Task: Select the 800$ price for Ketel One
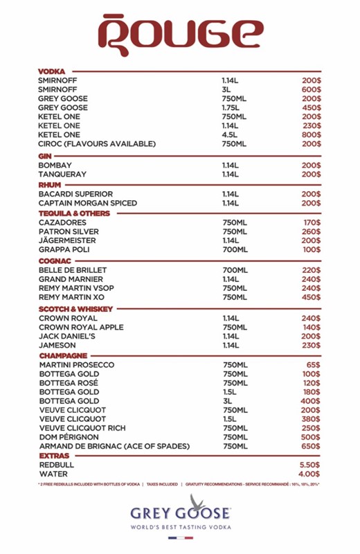(x=311, y=135)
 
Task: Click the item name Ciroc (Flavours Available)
(x=97, y=144)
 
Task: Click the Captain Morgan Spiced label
(x=87, y=204)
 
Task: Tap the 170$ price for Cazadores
(x=312, y=222)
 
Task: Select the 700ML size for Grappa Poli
(x=234, y=249)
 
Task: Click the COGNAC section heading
(x=55, y=260)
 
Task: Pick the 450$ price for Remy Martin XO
(x=311, y=297)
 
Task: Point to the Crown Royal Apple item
(x=81, y=327)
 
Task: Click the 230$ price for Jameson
(x=311, y=345)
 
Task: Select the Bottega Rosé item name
(x=69, y=383)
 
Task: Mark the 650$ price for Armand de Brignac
(x=311, y=447)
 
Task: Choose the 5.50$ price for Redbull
(x=309, y=465)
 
